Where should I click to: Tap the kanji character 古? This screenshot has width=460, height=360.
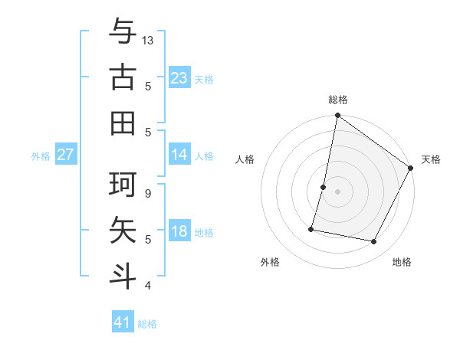click(123, 78)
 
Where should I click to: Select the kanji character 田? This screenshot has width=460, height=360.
click(123, 123)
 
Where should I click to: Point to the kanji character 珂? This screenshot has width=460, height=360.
click(123, 185)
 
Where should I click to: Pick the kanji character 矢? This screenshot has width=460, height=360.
click(123, 230)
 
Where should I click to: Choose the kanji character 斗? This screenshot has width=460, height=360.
click(123, 274)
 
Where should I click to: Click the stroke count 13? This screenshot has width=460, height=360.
click(148, 40)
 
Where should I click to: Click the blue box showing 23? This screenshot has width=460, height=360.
click(179, 77)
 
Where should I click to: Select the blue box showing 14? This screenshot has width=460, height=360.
click(179, 155)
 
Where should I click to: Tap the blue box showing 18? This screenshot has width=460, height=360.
click(179, 231)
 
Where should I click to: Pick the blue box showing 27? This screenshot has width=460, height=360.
click(66, 155)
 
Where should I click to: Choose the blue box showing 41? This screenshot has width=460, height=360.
click(123, 322)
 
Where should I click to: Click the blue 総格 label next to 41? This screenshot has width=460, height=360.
click(147, 324)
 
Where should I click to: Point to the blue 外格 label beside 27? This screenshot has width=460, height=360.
click(41, 156)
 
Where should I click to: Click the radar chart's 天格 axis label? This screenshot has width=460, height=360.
click(431, 159)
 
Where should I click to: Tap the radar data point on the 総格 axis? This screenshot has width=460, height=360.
click(337, 116)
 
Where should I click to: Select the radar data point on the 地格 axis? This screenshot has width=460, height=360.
click(374, 241)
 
